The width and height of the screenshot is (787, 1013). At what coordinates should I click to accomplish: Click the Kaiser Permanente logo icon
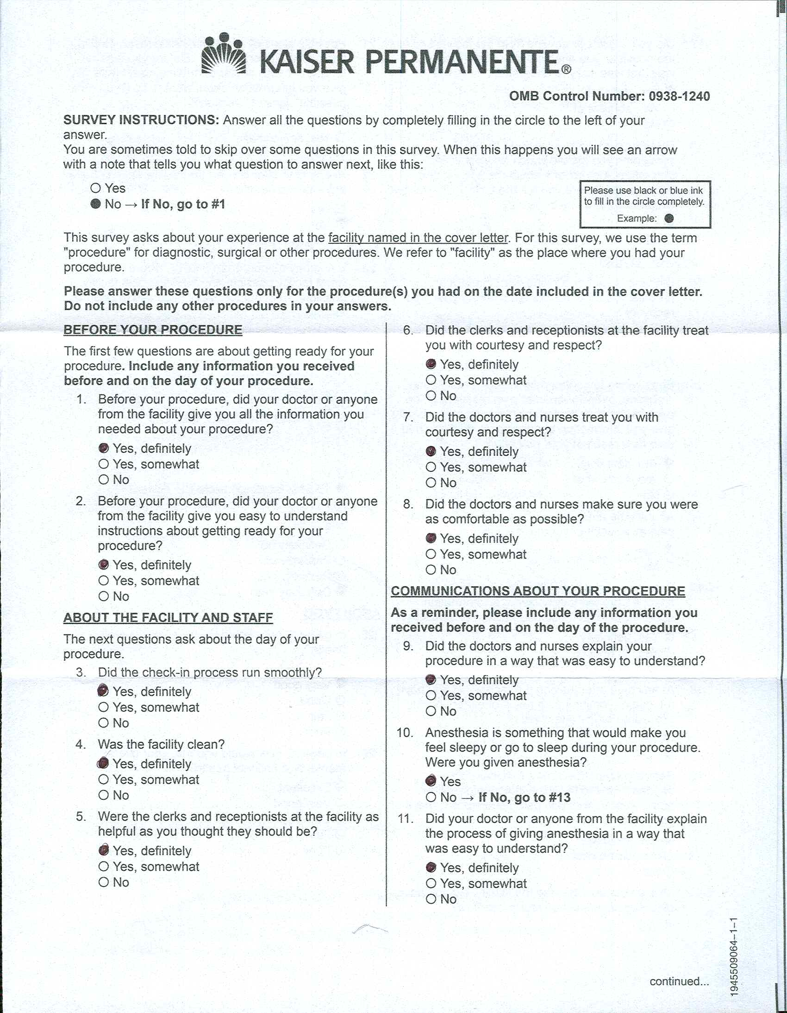tap(224, 54)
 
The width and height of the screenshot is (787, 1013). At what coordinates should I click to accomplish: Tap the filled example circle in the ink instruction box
tap(669, 218)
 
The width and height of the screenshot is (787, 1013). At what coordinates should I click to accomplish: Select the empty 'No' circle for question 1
tap(104, 480)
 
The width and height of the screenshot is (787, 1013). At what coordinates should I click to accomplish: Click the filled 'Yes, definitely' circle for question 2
tap(104, 564)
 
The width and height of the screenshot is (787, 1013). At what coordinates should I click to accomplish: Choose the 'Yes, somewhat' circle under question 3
tap(104, 707)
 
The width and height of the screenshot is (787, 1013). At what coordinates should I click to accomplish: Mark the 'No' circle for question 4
tap(104, 795)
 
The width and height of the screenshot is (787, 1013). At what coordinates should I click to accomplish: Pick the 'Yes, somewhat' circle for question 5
tap(104, 867)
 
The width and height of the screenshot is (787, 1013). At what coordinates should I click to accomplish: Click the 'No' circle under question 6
tap(431, 396)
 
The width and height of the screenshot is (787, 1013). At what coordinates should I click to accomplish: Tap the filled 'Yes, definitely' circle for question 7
tap(431, 451)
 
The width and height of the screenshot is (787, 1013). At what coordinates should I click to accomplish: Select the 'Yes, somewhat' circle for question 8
tap(431, 554)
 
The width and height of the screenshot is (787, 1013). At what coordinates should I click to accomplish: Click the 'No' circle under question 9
tap(431, 711)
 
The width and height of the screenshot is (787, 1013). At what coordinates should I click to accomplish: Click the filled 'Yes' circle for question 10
tap(431, 781)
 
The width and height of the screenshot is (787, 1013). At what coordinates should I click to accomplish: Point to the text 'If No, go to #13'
tap(524, 798)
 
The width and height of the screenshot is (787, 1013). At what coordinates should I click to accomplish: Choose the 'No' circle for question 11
tap(431, 899)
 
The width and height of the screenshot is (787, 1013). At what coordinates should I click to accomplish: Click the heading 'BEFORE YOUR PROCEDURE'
tap(153, 330)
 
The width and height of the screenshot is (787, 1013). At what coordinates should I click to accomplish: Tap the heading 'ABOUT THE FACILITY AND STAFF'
tap(168, 618)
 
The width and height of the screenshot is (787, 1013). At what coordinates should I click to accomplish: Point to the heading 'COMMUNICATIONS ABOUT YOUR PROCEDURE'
tap(537, 591)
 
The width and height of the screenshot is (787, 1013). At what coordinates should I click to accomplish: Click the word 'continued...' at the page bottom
tap(679, 981)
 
